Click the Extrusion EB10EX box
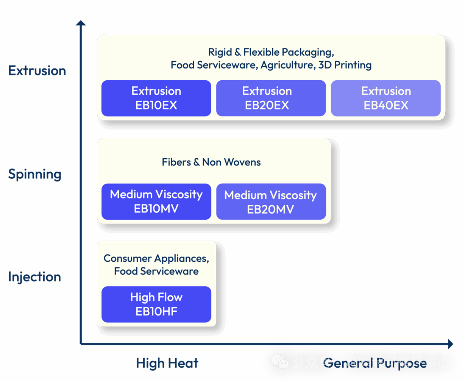(156, 98)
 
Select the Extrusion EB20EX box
(271, 98)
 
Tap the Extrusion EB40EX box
(385, 98)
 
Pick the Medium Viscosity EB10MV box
(156, 201)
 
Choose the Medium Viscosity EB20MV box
(271, 202)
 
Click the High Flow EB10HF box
(156, 304)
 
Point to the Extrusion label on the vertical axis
(37, 71)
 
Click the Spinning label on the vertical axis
(34, 174)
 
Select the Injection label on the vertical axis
(34, 277)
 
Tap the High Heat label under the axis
(167, 363)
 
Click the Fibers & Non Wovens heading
(211, 162)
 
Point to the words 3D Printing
(345, 65)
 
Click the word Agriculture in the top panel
(287, 65)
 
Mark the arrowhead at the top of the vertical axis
(81, 23)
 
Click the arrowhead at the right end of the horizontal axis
(450, 344)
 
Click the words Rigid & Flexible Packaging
(271, 52)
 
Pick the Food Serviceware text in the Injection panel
(156, 271)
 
